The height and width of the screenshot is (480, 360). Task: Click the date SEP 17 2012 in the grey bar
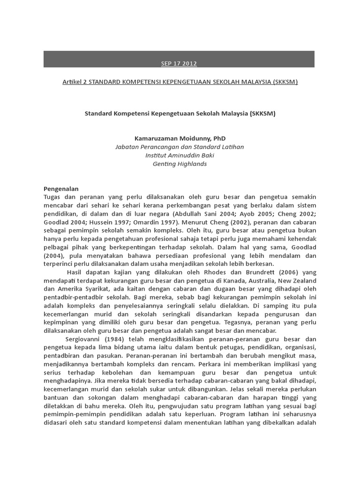(x=179, y=63)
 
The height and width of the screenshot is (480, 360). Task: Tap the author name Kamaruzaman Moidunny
(x=167, y=138)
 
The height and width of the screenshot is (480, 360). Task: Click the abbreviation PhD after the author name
(x=219, y=138)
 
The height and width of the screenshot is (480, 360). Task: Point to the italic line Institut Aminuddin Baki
(x=179, y=155)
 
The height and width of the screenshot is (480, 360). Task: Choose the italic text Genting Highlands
(x=179, y=164)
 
